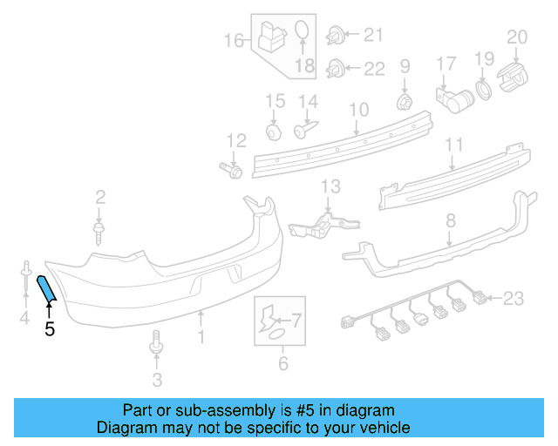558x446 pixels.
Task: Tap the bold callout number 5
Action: tap(49, 328)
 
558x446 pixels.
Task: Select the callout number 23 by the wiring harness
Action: tap(514, 300)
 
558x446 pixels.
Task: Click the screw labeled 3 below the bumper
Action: tap(157, 343)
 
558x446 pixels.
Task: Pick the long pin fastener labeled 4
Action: tap(25, 277)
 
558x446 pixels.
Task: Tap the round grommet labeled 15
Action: tap(274, 132)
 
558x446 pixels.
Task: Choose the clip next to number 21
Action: tap(335, 36)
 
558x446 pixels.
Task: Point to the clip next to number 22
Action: tap(335, 67)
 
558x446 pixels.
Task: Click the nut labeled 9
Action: tap(405, 103)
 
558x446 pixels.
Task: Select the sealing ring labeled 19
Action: tap(482, 91)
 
